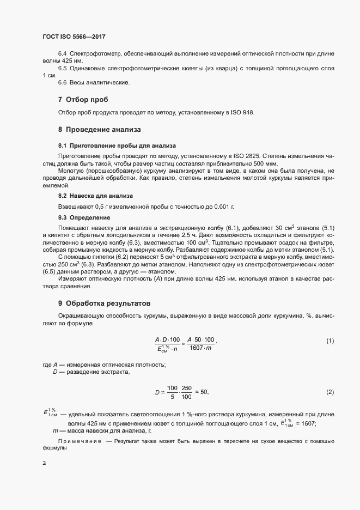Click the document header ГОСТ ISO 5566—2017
point(74,37)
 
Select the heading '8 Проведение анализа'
point(99,130)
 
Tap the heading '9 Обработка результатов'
point(104,303)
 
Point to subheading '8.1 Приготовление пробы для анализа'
point(117,146)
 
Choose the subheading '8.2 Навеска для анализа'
point(95,195)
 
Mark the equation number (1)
point(330,341)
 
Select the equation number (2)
point(330,392)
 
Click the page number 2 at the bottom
point(44,463)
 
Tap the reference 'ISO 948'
point(242,112)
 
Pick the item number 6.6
point(62,82)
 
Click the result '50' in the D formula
point(204,392)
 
